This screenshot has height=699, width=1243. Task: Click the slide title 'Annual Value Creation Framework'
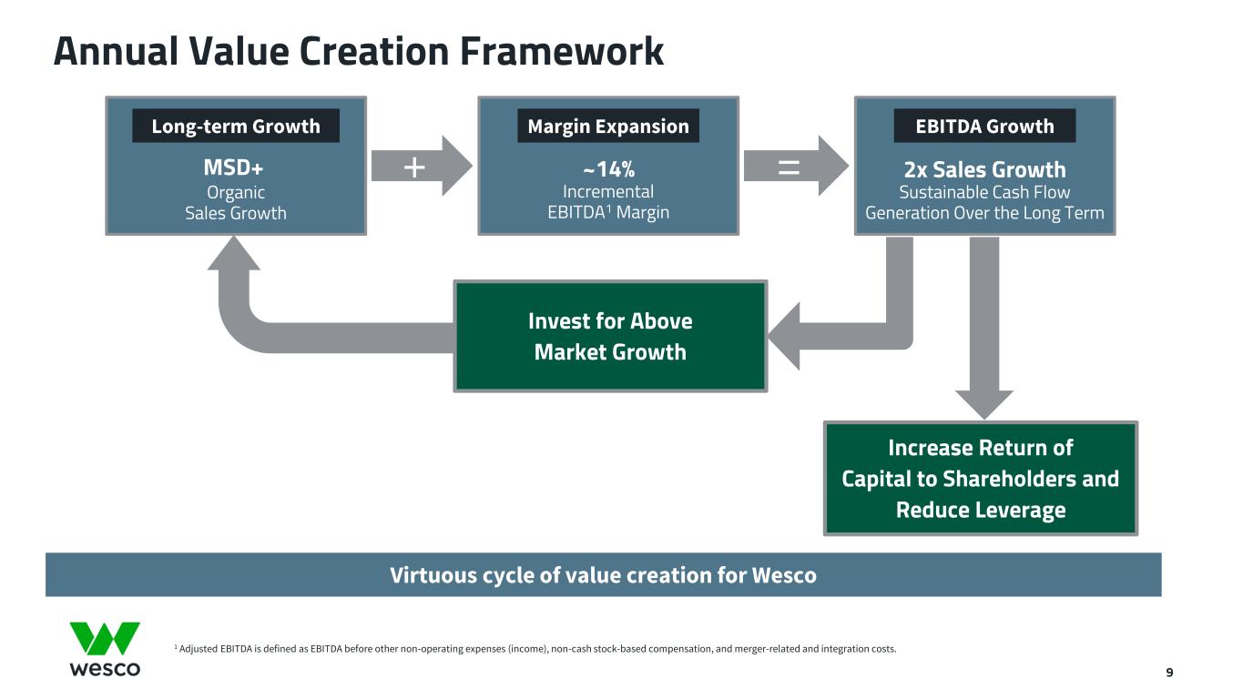click(359, 51)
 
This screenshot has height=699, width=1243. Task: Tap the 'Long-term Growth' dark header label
click(236, 126)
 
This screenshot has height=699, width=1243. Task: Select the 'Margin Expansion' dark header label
click(608, 126)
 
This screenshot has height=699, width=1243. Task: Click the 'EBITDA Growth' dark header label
click(984, 126)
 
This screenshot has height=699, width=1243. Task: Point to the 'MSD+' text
click(233, 167)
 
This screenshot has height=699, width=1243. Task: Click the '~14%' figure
click(608, 169)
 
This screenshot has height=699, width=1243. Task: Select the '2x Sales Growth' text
click(984, 169)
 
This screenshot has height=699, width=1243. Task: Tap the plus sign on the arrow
click(414, 167)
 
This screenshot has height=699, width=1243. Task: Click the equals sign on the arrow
click(789, 167)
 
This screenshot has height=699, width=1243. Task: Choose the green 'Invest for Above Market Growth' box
click(610, 336)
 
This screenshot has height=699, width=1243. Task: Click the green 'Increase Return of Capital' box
click(981, 478)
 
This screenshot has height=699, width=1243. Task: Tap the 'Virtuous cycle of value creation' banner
click(603, 574)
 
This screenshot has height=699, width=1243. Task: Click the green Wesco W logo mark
click(105, 638)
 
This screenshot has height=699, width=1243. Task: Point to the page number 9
click(1169, 673)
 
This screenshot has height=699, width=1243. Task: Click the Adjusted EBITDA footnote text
click(535, 649)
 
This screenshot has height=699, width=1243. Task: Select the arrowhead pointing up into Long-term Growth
click(234, 254)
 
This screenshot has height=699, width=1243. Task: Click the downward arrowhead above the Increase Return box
click(983, 404)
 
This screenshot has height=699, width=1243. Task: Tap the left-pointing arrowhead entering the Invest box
click(784, 336)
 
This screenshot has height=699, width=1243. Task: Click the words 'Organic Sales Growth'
click(236, 202)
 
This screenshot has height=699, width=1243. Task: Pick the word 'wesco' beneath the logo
click(105, 668)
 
